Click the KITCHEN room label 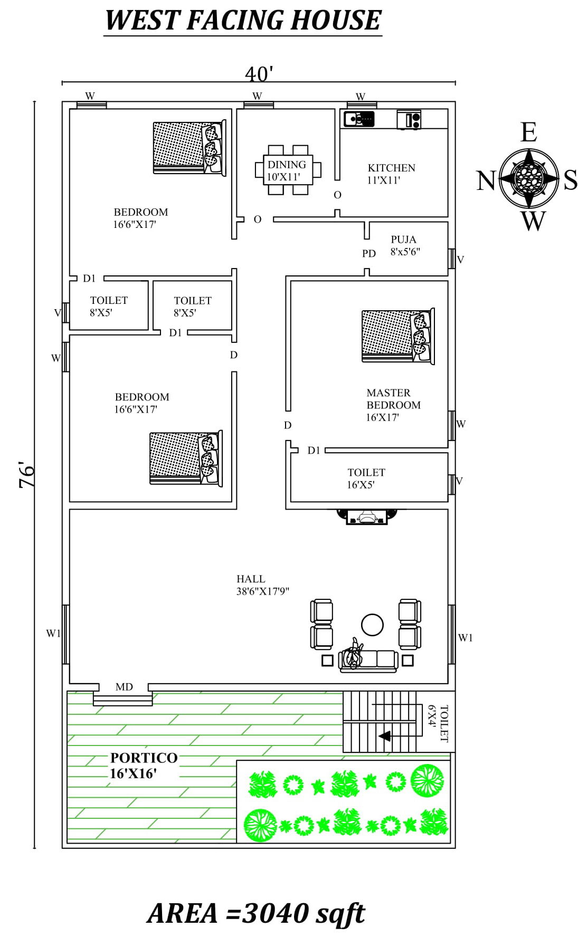coord(391,168)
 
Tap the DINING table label coord(287,165)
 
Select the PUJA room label coord(403,240)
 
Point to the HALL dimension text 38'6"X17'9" coord(262,591)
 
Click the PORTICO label coord(144,758)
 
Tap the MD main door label coord(124,687)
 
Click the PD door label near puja coord(369,254)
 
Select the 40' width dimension coord(259,74)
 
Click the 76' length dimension coord(27,475)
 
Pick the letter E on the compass coord(528,132)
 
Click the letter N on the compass coord(486,181)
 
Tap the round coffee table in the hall coord(372,625)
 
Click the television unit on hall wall coord(367,517)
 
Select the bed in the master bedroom coord(397,337)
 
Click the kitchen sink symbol coord(359,119)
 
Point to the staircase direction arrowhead coord(385,736)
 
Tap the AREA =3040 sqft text coord(256,913)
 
